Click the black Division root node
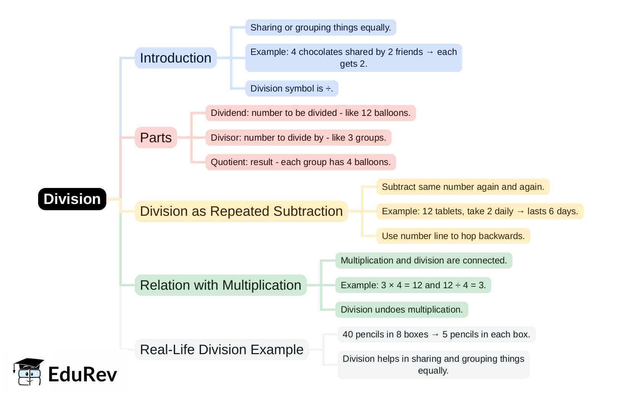(72, 199)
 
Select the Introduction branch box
(175, 58)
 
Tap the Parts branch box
(156, 138)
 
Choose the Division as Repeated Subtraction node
(241, 211)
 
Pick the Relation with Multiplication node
(221, 285)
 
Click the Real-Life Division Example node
(221, 350)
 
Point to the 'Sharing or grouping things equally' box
(321, 27)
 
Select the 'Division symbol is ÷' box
(292, 88)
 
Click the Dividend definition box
(310, 113)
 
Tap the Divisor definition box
(298, 138)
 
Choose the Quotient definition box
(301, 162)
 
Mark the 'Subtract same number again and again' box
(463, 187)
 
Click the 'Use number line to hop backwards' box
(453, 236)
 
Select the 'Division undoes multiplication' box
(401, 310)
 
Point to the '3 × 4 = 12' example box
(413, 285)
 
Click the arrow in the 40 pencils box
(435, 335)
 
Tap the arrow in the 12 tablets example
(520, 212)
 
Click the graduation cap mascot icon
(28, 372)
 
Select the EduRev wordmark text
(82, 374)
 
